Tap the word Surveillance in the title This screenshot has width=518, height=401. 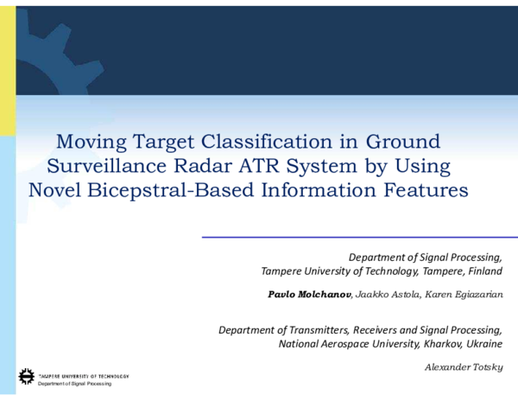pyautogui.click(x=104, y=166)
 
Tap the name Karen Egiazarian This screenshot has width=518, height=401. pyautogui.click(x=464, y=294)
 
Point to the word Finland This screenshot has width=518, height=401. pyautogui.click(x=482, y=271)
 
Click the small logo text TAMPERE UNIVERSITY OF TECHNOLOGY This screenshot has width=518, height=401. pyautogui.click(x=84, y=376)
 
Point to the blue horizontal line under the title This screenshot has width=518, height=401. pyautogui.click(x=358, y=237)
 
